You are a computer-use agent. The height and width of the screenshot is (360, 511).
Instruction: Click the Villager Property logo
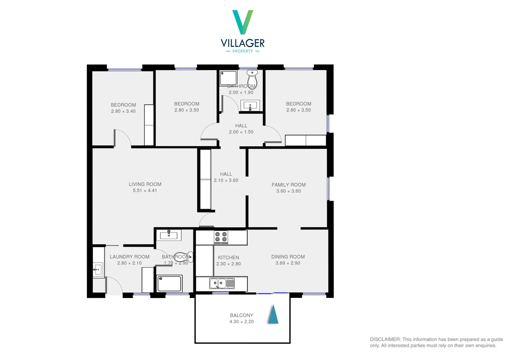243,31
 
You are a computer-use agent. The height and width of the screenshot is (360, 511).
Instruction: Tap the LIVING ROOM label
145,184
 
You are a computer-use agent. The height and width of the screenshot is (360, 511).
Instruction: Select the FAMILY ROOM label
288,185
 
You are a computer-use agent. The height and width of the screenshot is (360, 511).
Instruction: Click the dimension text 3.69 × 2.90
288,263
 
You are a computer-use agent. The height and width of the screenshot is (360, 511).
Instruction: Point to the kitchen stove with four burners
221,237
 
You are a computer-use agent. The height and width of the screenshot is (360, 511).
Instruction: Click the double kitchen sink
222,283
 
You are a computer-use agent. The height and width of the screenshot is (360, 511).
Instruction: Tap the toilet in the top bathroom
252,79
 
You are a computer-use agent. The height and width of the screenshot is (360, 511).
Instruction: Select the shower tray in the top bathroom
228,78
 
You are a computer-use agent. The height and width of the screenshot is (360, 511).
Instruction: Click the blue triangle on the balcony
273,315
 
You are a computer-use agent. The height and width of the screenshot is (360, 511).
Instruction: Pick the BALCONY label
241,315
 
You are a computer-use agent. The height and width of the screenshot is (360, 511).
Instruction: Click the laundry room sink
97,269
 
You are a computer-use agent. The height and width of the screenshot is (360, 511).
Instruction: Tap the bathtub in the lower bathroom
169,284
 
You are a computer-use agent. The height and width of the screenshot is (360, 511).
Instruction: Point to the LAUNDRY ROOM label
129,257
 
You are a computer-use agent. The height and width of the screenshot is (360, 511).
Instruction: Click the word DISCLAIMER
385,339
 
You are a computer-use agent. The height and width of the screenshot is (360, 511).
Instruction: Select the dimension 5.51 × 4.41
145,191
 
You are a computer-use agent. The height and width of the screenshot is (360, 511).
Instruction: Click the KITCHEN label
228,257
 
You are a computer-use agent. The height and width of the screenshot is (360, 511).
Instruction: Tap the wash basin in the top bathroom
250,106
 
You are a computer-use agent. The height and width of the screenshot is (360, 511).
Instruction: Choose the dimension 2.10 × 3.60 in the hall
226,180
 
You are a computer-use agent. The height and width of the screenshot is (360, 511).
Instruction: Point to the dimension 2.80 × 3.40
123,111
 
